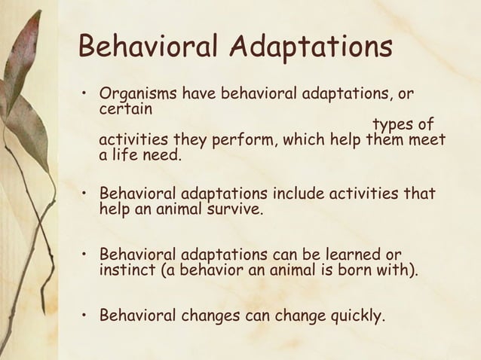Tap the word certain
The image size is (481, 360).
(125, 110)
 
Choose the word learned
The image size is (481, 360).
(350, 253)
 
